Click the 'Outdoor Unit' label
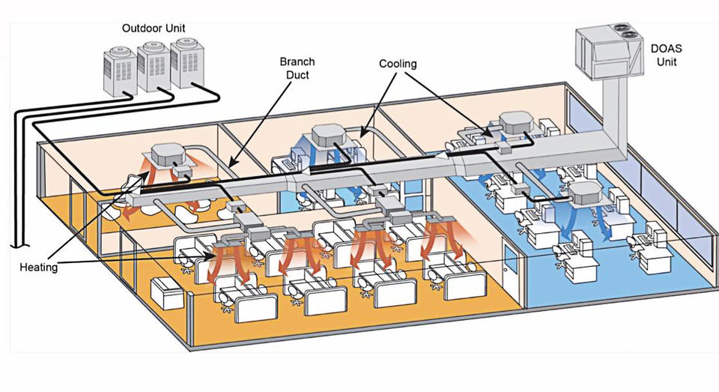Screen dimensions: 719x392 (153, 28)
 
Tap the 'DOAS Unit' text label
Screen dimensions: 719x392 (666, 55)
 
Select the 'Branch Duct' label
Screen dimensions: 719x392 (297, 68)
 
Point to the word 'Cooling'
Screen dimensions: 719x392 (398, 64)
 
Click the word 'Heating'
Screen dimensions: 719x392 (38, 267)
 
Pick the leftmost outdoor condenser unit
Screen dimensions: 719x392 (120, 72)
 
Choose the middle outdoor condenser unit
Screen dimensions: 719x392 (154, 67)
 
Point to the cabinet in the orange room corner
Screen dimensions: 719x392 (168, 293)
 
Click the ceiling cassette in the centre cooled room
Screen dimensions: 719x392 (330, 136)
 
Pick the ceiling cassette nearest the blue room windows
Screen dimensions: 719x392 (589, 193)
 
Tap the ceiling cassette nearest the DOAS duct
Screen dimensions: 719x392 (517, 122)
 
